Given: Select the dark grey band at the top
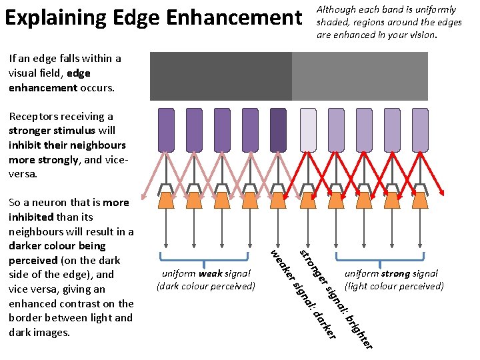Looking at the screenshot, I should point(221,76).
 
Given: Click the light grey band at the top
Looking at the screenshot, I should point(360,76).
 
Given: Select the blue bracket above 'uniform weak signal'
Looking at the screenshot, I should point(205,257).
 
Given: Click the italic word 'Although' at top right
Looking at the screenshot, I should point(338,9).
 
